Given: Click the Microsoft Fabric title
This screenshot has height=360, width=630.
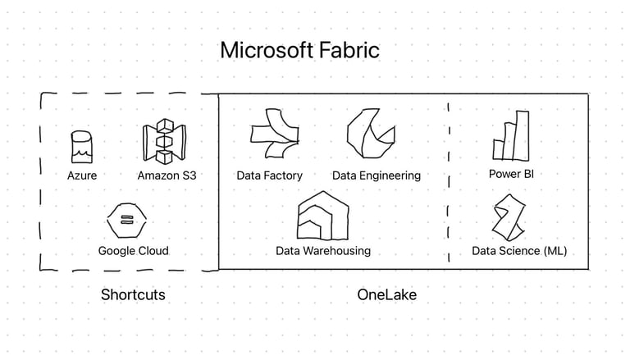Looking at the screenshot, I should coord(299,50).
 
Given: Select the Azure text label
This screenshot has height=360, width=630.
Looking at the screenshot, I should coord(82,175).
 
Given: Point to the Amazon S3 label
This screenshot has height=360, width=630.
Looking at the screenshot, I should coord(167,175).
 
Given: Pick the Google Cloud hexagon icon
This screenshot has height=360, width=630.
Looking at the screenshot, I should coord(126,220).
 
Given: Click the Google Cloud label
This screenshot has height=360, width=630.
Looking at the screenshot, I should coord(133,251).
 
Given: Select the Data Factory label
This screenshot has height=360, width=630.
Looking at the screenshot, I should coord(269,175).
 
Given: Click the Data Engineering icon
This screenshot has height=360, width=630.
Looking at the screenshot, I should coord(369,134).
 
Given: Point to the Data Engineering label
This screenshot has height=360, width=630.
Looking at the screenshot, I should coord(376,175).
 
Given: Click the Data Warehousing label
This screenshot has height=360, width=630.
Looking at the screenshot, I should coord(322,251).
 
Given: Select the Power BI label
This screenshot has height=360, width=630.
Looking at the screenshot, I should coord(511,174).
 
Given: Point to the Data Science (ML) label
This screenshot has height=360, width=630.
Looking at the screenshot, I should coord(519,251).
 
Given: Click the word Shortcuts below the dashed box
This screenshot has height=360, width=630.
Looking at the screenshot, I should coord(133,294).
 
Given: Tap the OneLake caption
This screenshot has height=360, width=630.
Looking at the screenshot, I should coord(386,294).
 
